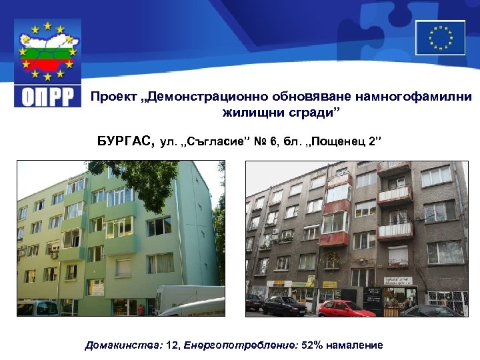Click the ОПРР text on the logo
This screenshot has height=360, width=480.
(x=48, y=96)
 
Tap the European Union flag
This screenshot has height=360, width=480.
(x=440, y=37)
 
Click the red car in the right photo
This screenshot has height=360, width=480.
(x=347, y=307)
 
